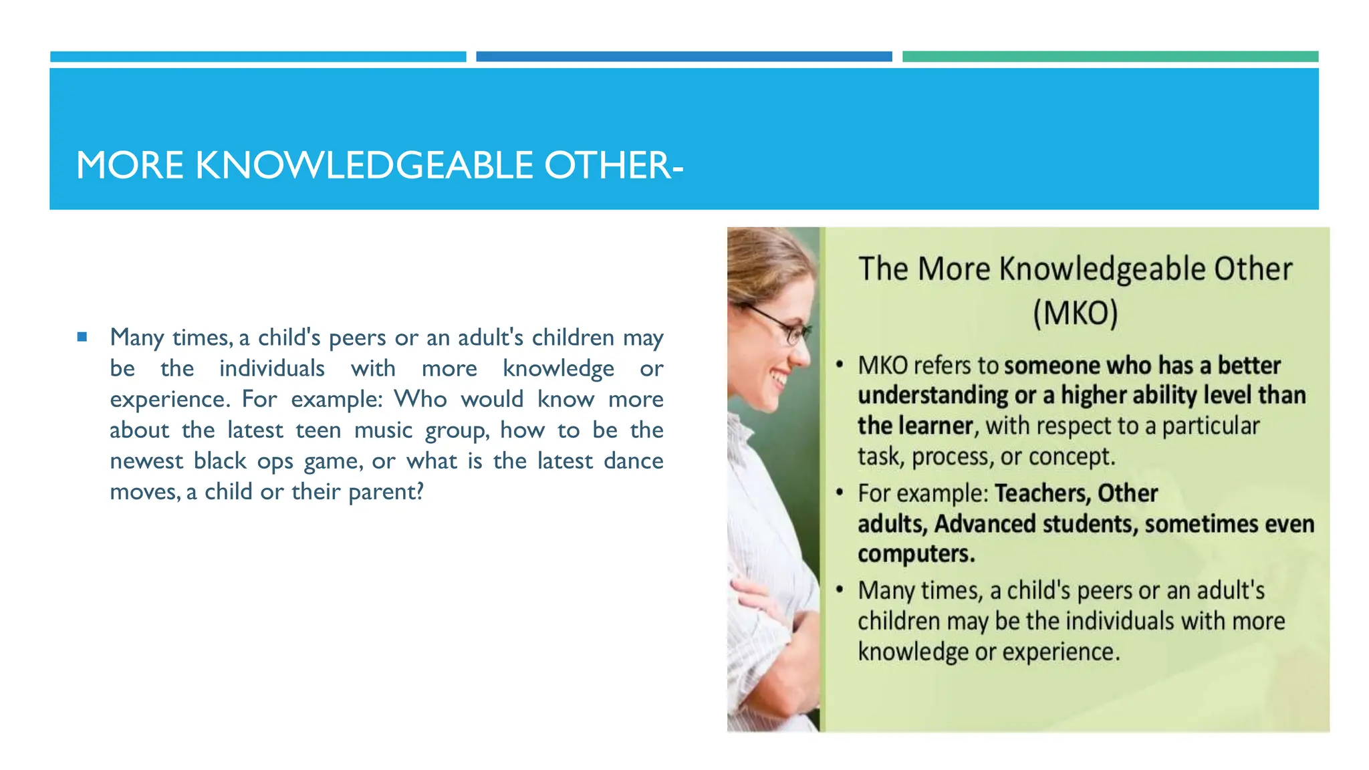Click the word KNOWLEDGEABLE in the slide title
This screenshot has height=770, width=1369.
[x=364, y=165]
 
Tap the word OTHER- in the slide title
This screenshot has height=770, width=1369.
[x=613, y=165]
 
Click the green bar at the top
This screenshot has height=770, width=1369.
[x=1110, y=57]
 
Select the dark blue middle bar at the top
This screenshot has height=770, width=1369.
[x=683, y=57]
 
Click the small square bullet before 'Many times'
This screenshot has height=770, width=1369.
[x=82, y=337]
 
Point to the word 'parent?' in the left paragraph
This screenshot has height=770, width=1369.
[x=386, y=492]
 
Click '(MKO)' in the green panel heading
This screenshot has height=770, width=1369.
[x=1075, y=313]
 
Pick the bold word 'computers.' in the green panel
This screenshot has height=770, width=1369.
[x=916, y=554]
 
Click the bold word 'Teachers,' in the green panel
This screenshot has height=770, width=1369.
[x=1043, y=493]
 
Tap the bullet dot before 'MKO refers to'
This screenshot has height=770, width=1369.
[x=840, y=366]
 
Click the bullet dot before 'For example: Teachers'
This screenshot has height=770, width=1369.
[x=840, y=493]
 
